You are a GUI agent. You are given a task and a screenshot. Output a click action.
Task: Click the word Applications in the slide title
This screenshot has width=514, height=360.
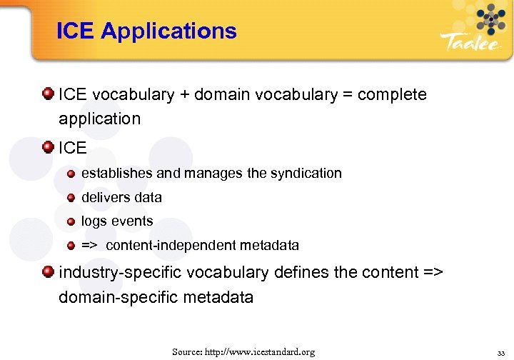click(x=168, y=31)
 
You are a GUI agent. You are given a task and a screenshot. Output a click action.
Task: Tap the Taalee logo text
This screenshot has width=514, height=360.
click(x=470, y=42)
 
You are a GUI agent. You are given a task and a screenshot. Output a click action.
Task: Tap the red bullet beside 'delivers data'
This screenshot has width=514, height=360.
click(x=71, y=197)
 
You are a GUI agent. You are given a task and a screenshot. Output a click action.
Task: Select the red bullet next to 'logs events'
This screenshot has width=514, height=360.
click(x=71, y=221)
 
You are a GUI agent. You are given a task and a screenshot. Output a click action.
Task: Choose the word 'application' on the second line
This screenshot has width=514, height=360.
click(x=100, y=119)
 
